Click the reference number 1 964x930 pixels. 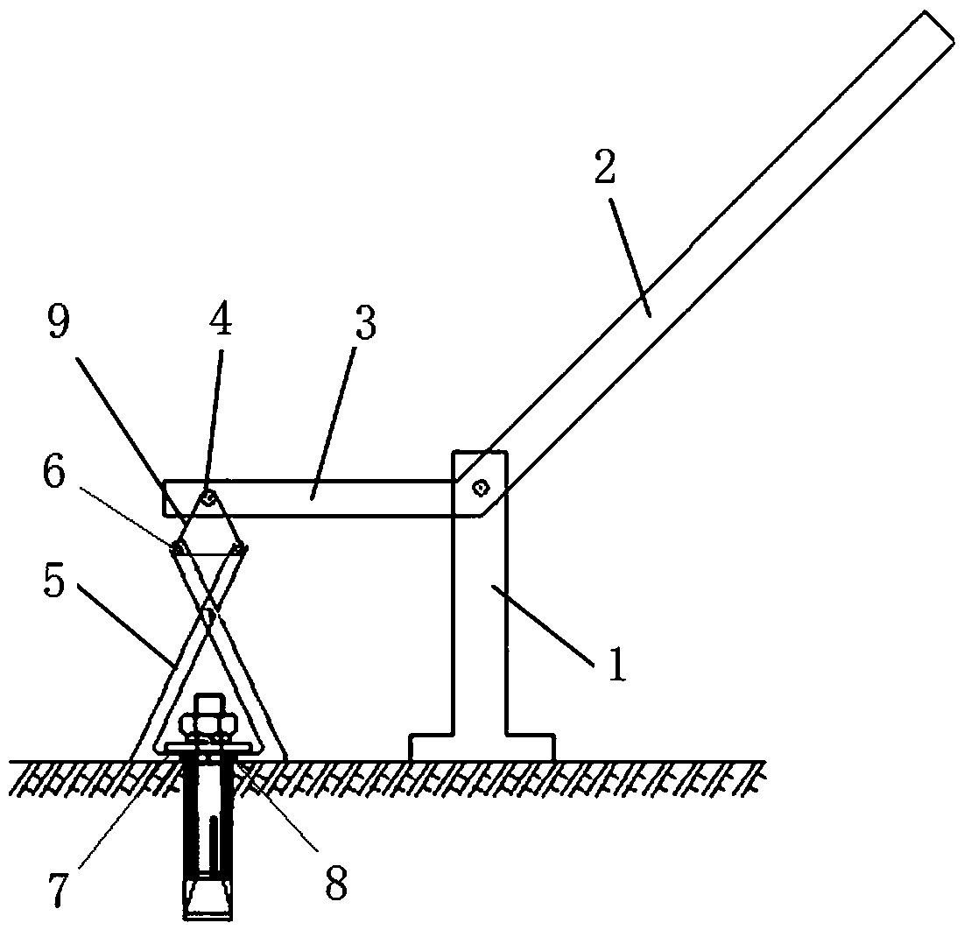tap(616, 664)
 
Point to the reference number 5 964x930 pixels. tap(54, 581)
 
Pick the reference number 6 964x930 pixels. tap(54, 475)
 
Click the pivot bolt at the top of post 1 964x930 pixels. tap(480, 489)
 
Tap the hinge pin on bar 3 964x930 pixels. tap(209, 497)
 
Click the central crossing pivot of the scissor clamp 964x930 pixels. tap(210, 613)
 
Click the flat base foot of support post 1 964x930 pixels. tap(482, 747)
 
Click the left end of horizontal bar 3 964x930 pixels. tap(164, 497)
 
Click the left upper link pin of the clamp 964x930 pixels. tap(178, 546)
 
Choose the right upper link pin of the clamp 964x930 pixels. tap(238, 546)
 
